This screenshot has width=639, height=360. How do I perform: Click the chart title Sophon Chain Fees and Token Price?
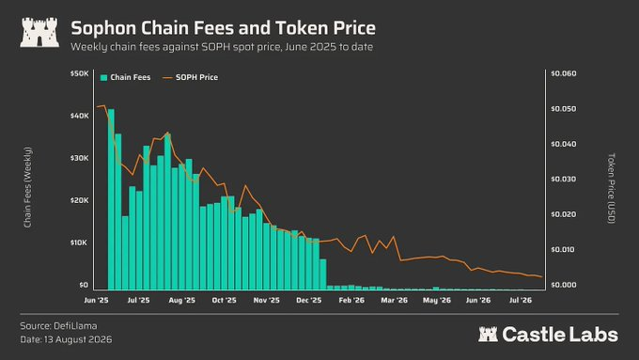coord(223,28)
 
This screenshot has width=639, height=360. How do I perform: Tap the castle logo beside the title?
coord(39,32)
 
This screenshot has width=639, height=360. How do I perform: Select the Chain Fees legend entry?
coord(126,77)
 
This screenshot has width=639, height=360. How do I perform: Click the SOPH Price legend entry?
coord(191,77)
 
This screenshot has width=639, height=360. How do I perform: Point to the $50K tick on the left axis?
coord(80,74)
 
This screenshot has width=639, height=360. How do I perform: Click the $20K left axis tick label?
coord(80,200)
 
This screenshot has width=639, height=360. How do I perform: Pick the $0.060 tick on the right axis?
coord(564,74)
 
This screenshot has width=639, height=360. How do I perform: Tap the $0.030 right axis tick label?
coord(564,180)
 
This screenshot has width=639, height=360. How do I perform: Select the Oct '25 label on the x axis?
coord(225,301)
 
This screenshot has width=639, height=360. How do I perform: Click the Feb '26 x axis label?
coord(351,301)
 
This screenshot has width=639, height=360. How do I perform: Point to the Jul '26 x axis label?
coord(521,301)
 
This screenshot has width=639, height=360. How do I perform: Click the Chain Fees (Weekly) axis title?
coord(27,187)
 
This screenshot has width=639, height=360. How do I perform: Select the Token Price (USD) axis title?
coord(611,188)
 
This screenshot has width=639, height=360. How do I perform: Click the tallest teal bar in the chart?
coord(111,199)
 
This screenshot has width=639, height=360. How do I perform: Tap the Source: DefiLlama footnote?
coord(58,326)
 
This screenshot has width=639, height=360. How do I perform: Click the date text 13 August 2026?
coord(78,339)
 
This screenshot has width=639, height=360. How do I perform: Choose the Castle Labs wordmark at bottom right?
coord(548,335)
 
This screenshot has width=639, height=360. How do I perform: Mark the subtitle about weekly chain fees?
coord(222,47)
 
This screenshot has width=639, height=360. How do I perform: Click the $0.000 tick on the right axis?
coord(564,285)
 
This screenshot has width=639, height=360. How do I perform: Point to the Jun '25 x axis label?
coord(96,301)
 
